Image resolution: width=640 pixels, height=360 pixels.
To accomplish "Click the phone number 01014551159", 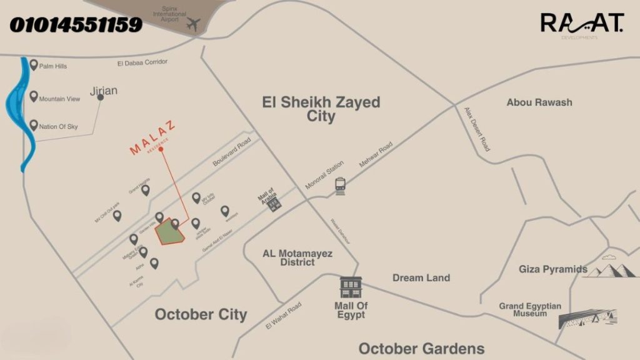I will click(76, 25).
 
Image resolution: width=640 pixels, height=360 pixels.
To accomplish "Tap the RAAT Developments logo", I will click(582, 25).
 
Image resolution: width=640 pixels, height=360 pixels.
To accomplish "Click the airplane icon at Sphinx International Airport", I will click(193, 26).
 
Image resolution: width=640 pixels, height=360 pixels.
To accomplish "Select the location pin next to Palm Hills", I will click(33, 65).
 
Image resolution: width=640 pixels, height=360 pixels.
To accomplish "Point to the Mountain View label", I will click(59, 99).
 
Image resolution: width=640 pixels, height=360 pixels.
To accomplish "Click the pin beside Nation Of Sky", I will click(33, 126).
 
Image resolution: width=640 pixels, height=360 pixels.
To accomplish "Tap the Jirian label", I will click(104, 91).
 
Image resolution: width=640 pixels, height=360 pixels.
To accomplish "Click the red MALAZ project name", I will click(152, 139).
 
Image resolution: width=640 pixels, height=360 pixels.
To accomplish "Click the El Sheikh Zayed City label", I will click(321, 109).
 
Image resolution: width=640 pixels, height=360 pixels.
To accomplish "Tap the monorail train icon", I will click(341, 186).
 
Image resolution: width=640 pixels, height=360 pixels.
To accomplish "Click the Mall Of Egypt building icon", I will click(350, 287).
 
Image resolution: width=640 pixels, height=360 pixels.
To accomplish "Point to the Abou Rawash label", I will click(539, 102).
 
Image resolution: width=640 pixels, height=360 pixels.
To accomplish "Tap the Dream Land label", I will click(421, 277).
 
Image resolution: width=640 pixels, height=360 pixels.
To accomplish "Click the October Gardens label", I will click(421, 348).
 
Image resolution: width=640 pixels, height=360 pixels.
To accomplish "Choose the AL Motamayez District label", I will click(297, 257).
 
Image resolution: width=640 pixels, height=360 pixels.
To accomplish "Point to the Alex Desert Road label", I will click(477, 129).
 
